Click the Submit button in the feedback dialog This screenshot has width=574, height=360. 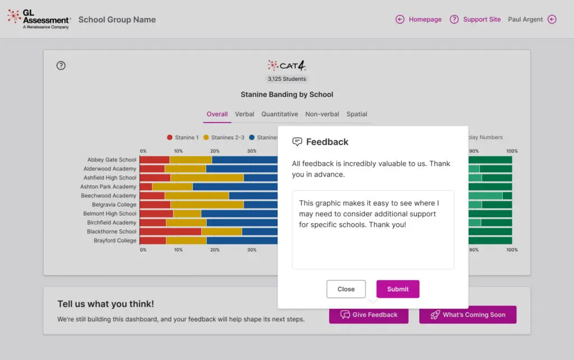[x=397, y=289]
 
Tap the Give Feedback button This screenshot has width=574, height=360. [x=369, y=315]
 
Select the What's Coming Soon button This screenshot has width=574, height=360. [x=468, y=315]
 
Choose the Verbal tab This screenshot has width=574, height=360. [x=244, y=114]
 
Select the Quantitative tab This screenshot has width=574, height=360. [x=280, y=114]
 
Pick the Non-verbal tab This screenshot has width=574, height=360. [x=322, y=114]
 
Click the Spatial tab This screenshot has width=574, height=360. [x=357, y=114]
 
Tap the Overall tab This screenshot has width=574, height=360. [x=217, y=114]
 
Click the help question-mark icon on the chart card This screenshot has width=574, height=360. [x=61, y=66]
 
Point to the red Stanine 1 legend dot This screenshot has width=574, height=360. [x=169, y=137]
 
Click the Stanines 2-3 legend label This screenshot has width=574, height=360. [x=228, y=137]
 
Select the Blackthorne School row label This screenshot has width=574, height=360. [x=112, y=232]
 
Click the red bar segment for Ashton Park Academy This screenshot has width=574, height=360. [x=146, y=187]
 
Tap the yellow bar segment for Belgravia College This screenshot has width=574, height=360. [x=207, y=205]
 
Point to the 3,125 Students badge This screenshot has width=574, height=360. [x=287, y=79]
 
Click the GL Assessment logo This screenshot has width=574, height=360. [x=39, y=19]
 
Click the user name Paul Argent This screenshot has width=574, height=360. [x=525, y=20]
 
